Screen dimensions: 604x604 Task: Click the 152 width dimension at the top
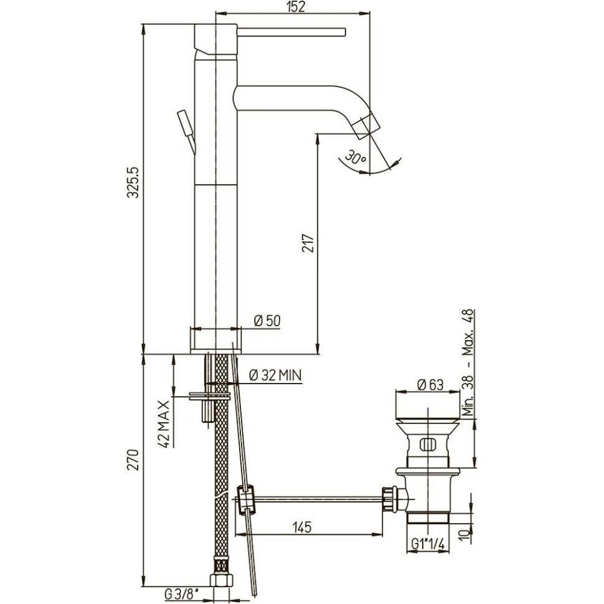pyautogui.click(x=295, y=7)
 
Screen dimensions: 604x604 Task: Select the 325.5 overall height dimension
pyautogui.click(x=133, y=183)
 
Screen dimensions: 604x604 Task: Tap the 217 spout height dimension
pyautogui.click(x=308, y=243)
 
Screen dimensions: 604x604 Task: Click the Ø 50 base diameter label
pyautogui.click(x=267, y=321)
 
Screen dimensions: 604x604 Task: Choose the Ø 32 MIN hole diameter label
pyautogui.click(x=275, y=375)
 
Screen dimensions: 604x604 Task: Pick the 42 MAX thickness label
pyautogui.click(x=164, y=423)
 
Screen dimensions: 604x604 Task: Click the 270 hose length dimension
pyautogui.click(x=133, y=460)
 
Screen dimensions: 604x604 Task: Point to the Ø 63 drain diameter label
pyautogui.click(x=430, y=384)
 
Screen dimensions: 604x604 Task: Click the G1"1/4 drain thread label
pyautogui.click(x=428, y=544)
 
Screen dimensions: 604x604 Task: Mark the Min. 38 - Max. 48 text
pyautogui.click(x=469, y=362)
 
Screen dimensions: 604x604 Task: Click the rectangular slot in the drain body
pyautogui.click(x=428, y=445)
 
